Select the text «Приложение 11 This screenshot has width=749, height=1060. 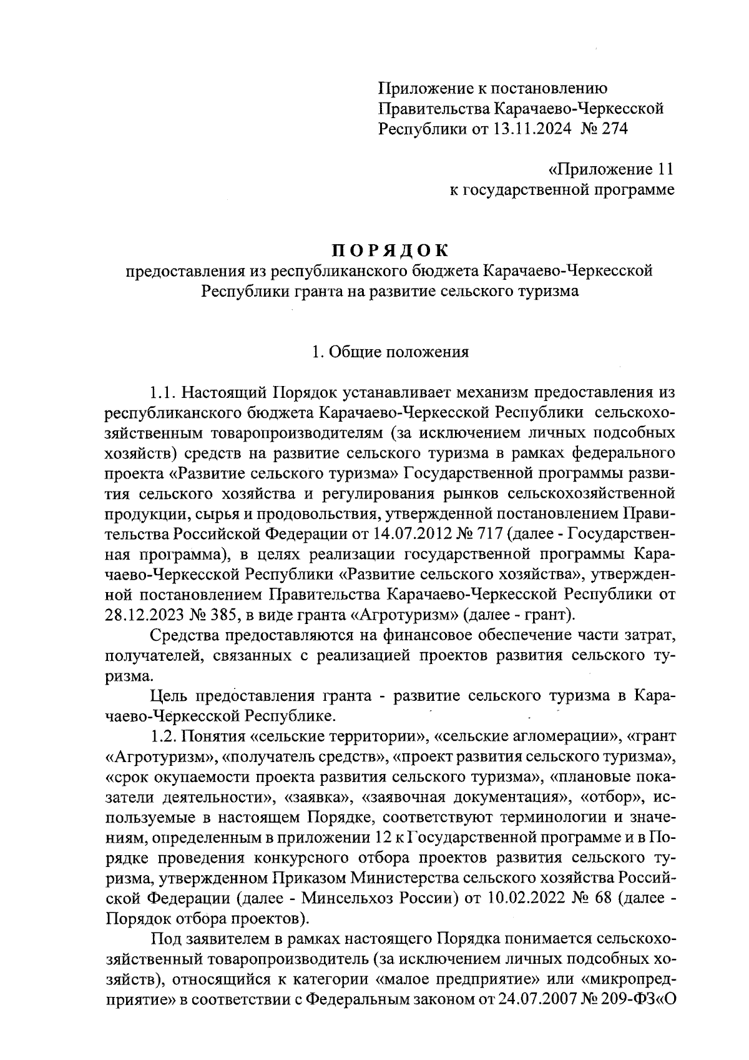[610, 169]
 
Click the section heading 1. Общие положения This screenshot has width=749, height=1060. [390, 352]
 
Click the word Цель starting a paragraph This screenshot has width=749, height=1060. [170, 696]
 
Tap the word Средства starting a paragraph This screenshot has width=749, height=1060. [186, 635]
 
